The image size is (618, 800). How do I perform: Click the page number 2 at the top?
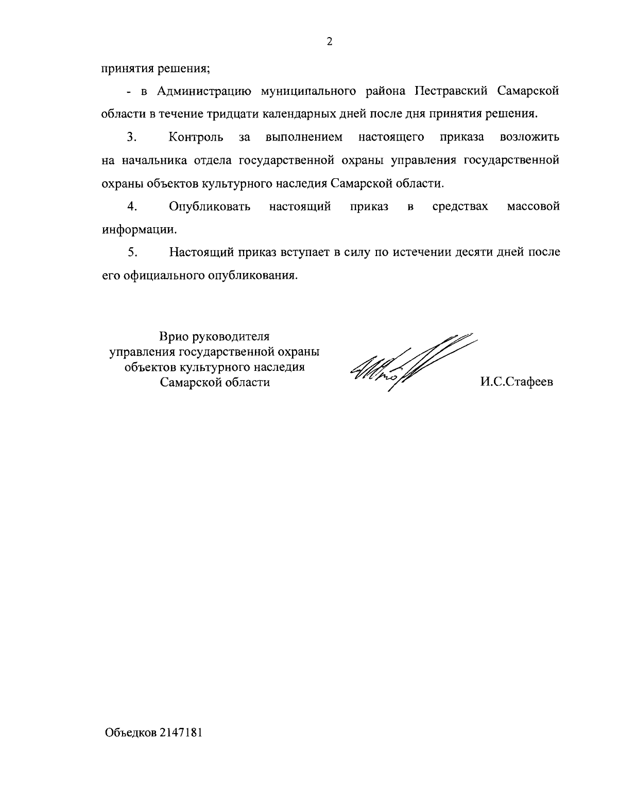[330, 42]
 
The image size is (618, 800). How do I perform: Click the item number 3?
[132, 138]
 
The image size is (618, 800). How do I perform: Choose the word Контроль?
[196, 138]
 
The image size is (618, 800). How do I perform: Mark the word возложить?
[529, 138]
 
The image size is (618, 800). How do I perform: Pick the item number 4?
[132, 207]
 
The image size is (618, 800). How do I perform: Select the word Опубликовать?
[210, 207]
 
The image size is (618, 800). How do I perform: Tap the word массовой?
[533, 207]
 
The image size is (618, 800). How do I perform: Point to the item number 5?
[132, 252]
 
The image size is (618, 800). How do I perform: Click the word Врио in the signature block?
[174, 337]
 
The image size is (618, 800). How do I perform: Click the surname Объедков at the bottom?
[131, 733]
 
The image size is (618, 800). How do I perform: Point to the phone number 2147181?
[181, 733]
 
